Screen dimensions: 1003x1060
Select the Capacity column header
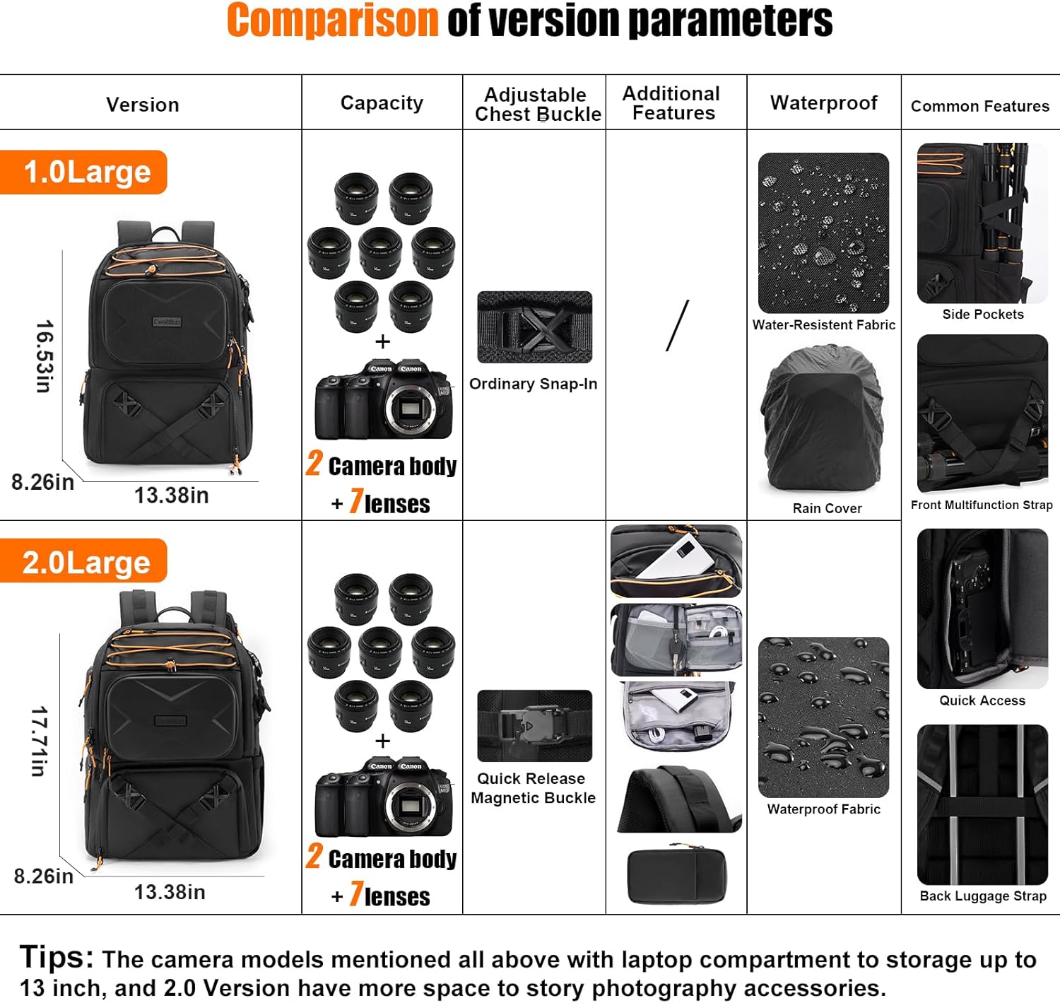(x=382, y=103)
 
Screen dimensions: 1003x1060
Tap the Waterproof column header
(x=823, y=103)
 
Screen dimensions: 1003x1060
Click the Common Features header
(x=979, y=106)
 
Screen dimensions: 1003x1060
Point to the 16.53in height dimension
(x=45, y=356)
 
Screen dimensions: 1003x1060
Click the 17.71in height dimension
(x=40, y=741)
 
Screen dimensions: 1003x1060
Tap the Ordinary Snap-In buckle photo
(x=534, y=327)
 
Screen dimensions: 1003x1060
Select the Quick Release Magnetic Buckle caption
(x=534, y=788)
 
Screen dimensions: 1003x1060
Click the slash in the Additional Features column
(x=677, y=326)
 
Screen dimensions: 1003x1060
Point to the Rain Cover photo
(x=823, y=418)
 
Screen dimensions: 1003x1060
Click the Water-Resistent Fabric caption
(x=823, y=325)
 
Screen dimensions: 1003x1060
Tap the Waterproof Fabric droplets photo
(x=823, y=717)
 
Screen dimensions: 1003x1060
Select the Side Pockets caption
(x=982, y=315)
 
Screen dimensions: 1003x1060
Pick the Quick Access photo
(x=982, y=609)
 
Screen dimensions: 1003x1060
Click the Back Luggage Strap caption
(x=982, y=896)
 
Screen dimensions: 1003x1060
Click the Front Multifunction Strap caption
(x=982, y=505)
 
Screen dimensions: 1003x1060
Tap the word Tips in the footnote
(x=56, y=957)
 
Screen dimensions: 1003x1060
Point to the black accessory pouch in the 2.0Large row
(x=676, y=876)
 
